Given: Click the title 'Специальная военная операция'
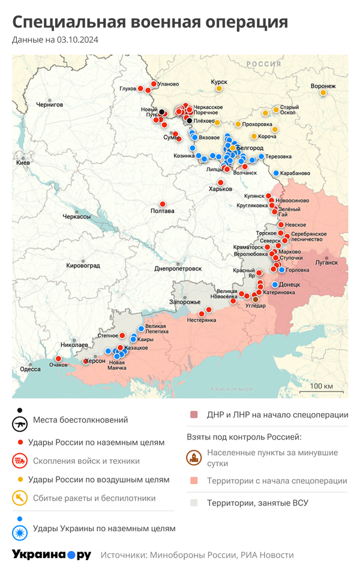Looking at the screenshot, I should coord(150,22).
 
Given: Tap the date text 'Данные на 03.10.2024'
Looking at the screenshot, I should coord(55,40).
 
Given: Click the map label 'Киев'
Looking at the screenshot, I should coord(23,162).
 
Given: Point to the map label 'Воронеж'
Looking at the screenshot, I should coord(323,86).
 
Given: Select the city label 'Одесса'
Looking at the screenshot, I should coord(30,369).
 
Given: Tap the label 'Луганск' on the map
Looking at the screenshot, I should coord(326,262).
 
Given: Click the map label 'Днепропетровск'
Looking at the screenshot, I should coord(178,269).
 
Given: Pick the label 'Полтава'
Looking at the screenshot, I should coord(162,210).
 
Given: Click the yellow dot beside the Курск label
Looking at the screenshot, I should coord(219,89).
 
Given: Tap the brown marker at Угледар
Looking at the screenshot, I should coord(256,299).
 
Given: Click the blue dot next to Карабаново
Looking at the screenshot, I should coord(276,173).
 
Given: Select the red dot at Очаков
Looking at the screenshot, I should coord(65,357).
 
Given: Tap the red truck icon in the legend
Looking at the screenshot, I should coord(20,461).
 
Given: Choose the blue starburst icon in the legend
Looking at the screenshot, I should coord(20,529).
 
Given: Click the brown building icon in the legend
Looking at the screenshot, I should coord(194,458).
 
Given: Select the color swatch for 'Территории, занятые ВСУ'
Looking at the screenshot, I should coord(194,502).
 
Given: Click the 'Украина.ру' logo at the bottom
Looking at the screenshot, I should coord(52,555).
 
